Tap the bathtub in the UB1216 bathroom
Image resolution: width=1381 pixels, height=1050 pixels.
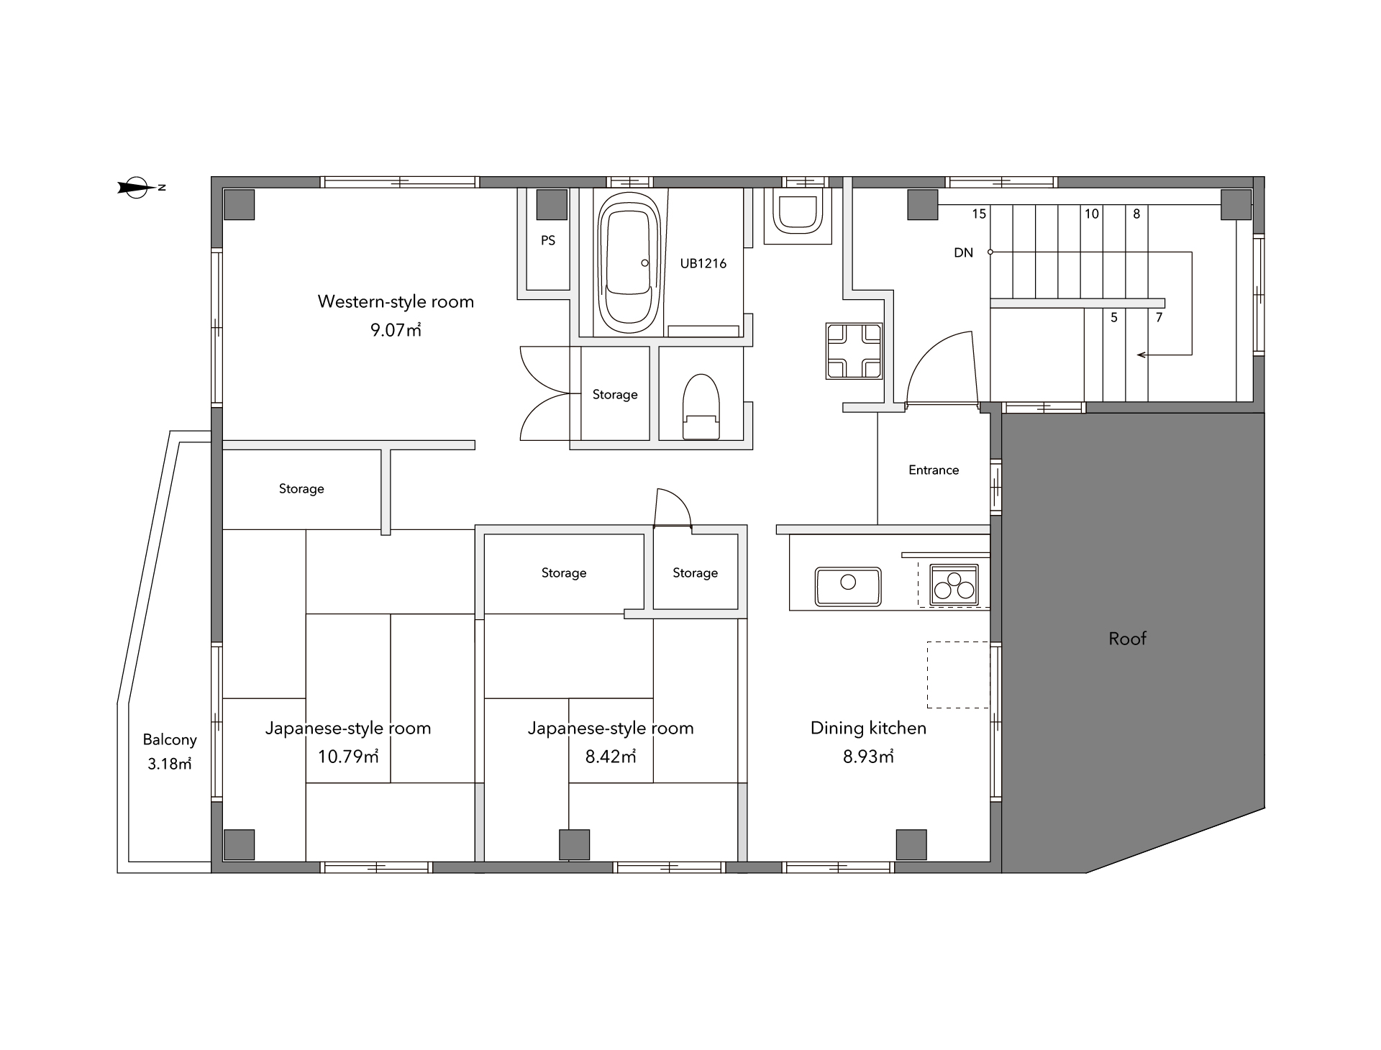pos(629,263)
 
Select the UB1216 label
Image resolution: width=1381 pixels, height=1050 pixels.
pos(703,263)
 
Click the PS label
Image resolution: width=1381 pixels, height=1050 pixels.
pos(548,240)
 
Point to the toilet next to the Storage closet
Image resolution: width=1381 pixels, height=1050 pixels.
pos(701,406)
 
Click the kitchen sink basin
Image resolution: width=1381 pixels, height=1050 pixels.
pos(848,586)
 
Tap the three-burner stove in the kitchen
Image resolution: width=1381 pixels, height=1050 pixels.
pos(954,584)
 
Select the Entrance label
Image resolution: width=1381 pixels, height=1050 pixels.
pos(934,470)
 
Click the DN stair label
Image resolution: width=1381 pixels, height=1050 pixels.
pos(963,252)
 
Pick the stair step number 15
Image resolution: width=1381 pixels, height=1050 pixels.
pos(979,214)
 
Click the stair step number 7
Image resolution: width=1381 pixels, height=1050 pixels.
pos(1159,317)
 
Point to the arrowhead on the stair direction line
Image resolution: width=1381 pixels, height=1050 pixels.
pos(1141,355)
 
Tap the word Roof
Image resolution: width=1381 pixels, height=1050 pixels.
pos(1127,638)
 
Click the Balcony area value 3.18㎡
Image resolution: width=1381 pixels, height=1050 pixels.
pos(170,764)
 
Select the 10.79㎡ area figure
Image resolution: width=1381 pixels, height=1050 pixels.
pos(348,756)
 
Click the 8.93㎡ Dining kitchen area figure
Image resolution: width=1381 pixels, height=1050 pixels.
pos(868,756)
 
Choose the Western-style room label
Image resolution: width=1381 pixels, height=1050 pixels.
pos(396,301)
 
